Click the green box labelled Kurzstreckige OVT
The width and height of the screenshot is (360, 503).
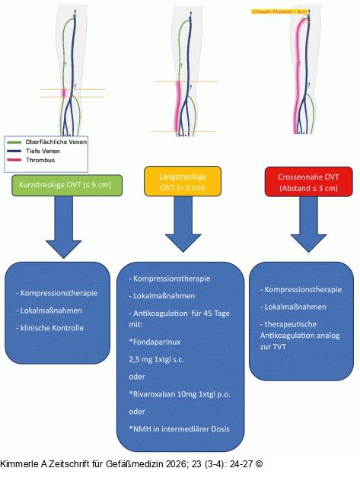point(67,185)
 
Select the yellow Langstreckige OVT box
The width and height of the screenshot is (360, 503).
point(183,181)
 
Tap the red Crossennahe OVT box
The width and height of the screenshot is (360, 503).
point(308,182)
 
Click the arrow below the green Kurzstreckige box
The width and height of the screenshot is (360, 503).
point(63,227)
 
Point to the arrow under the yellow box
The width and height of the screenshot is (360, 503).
point(183,224)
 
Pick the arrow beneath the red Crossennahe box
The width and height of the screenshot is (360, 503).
point(308,224)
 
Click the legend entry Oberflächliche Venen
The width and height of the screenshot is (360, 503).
point(46,142)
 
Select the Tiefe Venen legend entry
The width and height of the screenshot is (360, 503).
point(33,151)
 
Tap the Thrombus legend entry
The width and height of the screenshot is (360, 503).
point(30,160)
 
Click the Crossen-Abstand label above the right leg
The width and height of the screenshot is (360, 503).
point(279,11)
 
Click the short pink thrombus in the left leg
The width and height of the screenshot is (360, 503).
point(64,93)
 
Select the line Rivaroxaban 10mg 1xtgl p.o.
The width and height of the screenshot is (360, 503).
point(180,394)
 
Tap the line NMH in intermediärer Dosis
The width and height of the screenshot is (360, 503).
point(179,429)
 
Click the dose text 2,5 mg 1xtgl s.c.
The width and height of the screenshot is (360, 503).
point(157,359)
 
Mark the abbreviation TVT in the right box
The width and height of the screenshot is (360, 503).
point(280,346)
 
